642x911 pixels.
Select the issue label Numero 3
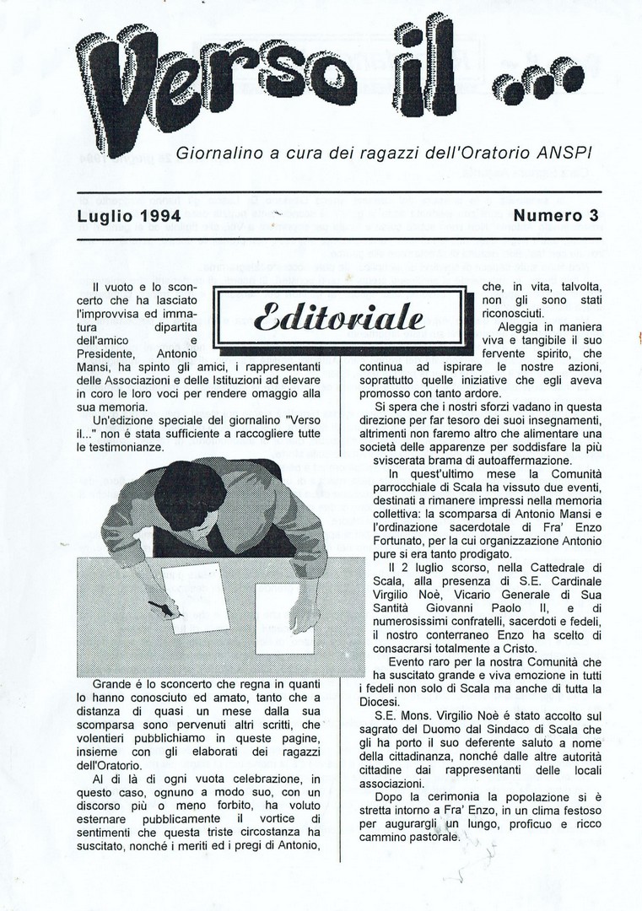[556, 215]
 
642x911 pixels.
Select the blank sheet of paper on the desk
[284, 619]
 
